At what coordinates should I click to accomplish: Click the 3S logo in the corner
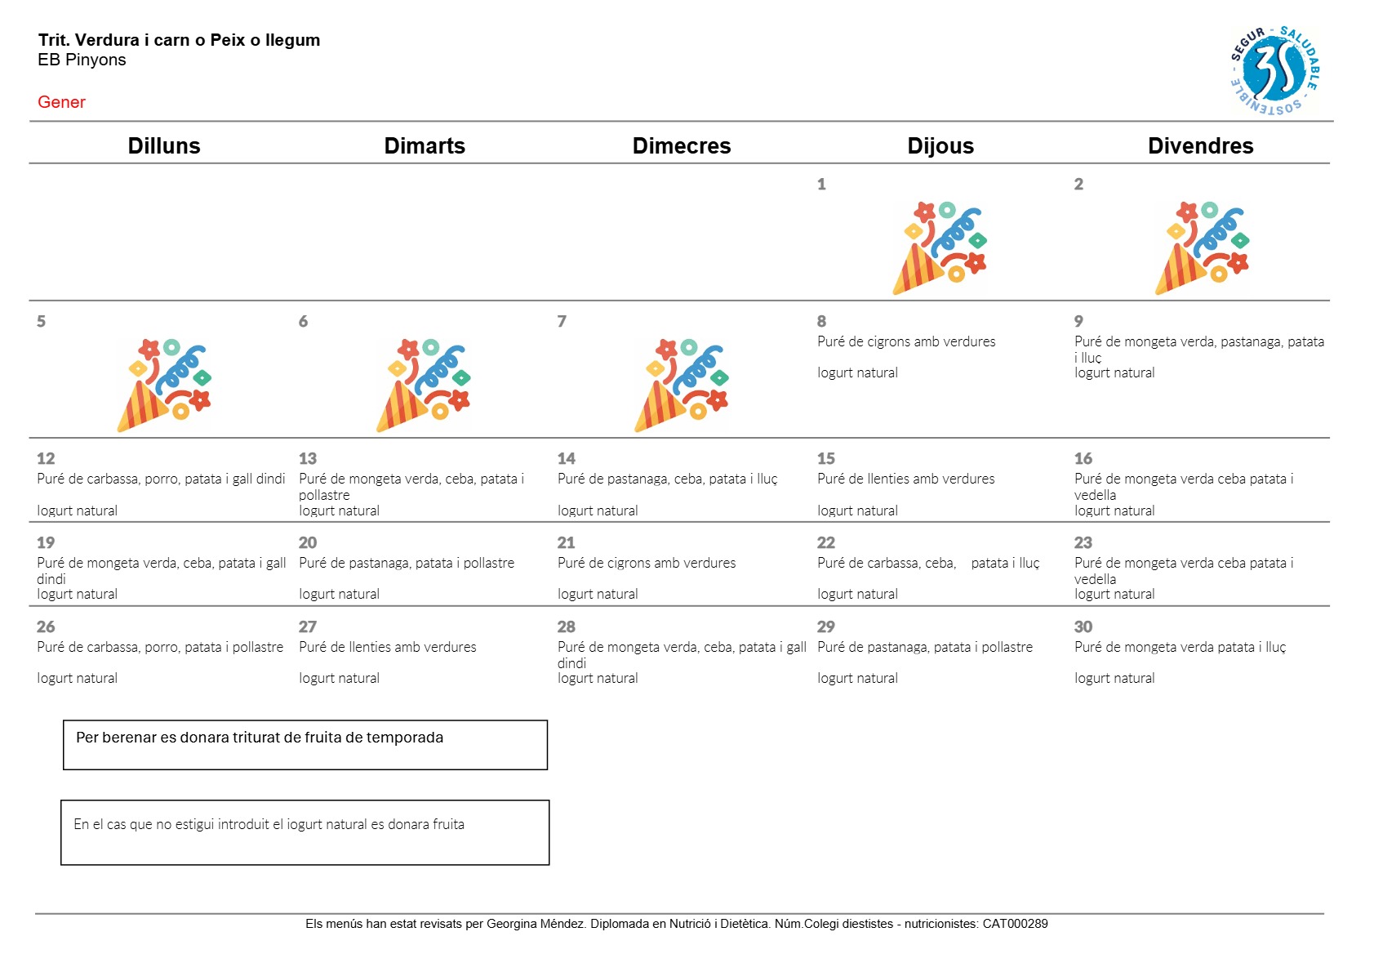[1274, 70]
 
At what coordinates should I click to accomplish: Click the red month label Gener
[61, 102]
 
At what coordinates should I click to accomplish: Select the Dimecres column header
[681, 145]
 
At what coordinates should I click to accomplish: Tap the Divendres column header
[1200, 145]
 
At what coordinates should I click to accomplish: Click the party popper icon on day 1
[940, 247]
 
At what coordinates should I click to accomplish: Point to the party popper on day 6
[423, 385]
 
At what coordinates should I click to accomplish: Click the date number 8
[821, 321]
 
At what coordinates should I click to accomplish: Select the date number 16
[1083, 458]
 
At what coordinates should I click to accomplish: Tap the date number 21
[566, 542]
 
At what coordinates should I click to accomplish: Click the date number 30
[1083, 626]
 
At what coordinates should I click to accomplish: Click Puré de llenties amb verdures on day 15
[905, 479]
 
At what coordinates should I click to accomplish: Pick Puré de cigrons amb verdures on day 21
[646, 563]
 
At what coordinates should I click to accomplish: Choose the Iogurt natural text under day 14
[598, 511]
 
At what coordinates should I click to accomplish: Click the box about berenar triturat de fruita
[305, 744]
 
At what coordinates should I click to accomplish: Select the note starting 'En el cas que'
[305, 832]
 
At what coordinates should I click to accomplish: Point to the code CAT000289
[1015, 924]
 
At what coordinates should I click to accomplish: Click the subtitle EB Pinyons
[82, 60]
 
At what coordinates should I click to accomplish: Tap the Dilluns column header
[164, 145]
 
